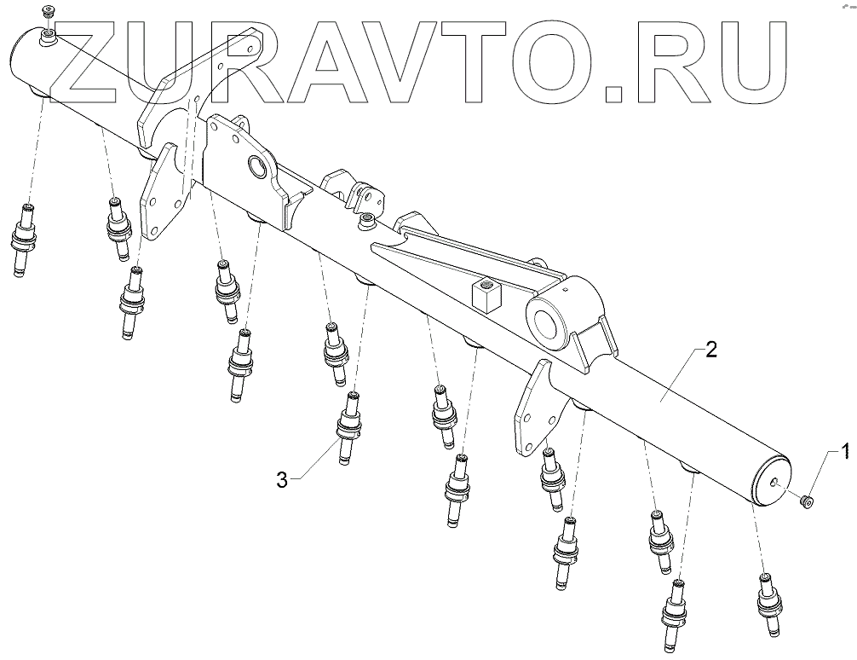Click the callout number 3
pos(282,480)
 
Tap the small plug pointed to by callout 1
pos(806,500)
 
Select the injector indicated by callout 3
pos(350,426)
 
